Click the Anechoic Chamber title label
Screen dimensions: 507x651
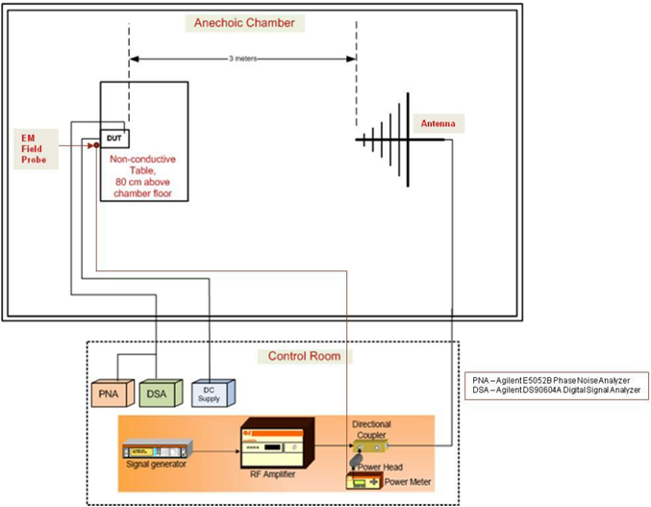click(245, 22)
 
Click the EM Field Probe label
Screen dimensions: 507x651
click(34, 149)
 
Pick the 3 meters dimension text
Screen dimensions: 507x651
click(242, 59)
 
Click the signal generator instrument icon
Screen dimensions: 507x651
click(158, 448)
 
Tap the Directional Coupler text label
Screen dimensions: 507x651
click(372, 428)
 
